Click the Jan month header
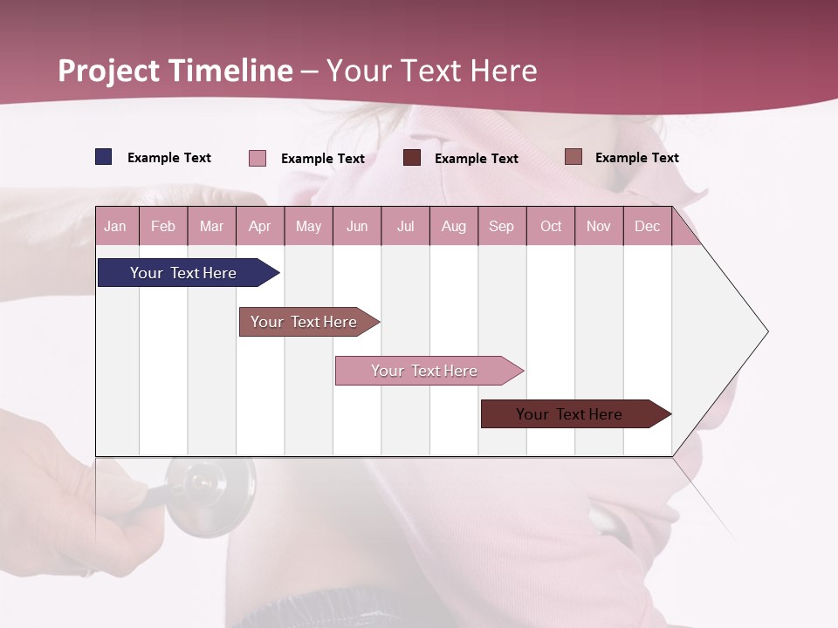(115, 226)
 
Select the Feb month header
(163, 226)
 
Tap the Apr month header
(259, 226)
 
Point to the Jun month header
(357, 226)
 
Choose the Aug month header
(453, 226)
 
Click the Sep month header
(501, 226)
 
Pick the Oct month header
(551, 226)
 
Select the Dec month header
(647, 226)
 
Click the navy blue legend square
(104, 157)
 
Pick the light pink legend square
(258, 158)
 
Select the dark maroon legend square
(412, 158)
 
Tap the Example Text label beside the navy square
(169, 158)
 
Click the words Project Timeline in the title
(175, 71)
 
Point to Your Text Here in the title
(432, 71)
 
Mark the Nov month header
(599, 226)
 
